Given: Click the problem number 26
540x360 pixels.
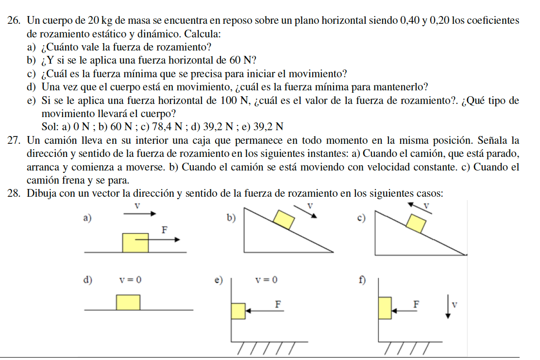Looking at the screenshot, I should coord(15,21).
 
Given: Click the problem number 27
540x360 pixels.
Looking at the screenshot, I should coord(15,141).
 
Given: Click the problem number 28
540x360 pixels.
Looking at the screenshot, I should coord(15,193).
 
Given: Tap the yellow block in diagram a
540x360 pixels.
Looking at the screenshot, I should coord(135,243).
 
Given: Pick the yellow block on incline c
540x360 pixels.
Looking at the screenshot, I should coord(416,224).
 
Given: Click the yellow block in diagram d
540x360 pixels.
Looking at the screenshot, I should coord(128,302).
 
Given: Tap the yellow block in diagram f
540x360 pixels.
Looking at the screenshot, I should coord(385,308).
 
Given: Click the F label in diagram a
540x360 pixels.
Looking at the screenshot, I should coord(164,230).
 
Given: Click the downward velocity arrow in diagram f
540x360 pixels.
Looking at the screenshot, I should coord(447,308).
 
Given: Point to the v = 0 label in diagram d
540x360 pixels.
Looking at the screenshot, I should coord(131,280).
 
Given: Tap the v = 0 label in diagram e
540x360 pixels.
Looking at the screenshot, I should coord(267,280).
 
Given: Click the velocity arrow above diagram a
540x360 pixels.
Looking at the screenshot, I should coord(136,213).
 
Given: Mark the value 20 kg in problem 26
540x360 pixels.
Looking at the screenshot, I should coord(101,21).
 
